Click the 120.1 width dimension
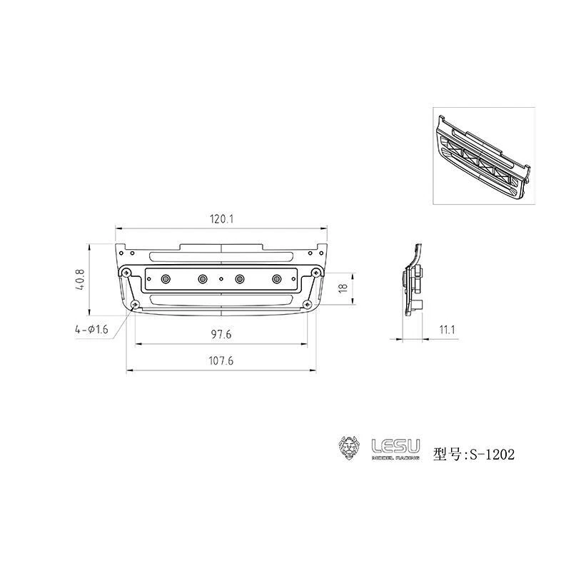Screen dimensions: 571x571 222,220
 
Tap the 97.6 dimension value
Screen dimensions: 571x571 222,334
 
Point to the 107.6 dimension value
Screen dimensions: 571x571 222,361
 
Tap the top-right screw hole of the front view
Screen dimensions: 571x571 315,272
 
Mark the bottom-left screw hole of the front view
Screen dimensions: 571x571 134,305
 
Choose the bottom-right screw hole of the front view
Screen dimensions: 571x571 308,305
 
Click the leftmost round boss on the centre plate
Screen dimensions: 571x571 165,278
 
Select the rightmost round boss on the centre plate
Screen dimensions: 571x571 276,278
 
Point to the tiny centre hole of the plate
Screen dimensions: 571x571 221,278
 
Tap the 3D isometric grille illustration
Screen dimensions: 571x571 483,156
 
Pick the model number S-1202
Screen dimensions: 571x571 490,454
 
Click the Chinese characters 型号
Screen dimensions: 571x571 448,454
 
